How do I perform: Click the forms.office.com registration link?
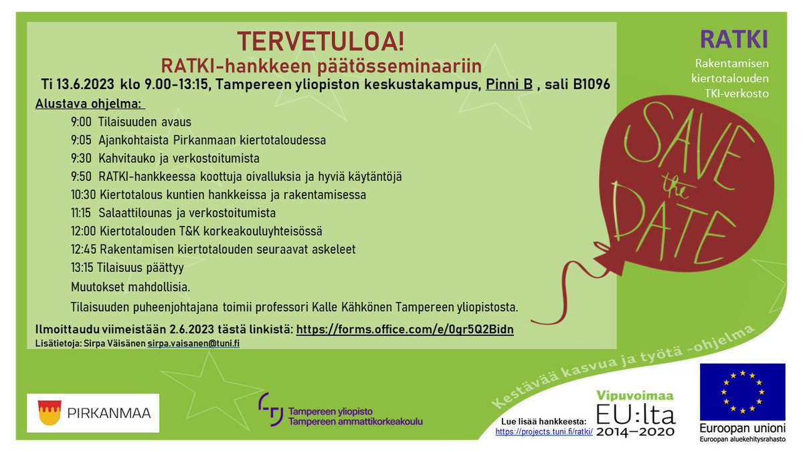pyautogui.click(x=405, y=330)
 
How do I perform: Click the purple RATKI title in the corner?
pyautogui.click(x=734, y=40)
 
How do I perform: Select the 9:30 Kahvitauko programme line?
pyautogui.click(x=165, y=159)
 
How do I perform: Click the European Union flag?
pyautogui.click(x=742, y=391)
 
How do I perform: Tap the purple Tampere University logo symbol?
pyautogui.click(x=270, y=410)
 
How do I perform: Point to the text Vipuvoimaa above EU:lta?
pyautogui.click(x=635, y=396)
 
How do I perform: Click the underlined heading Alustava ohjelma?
pyautogui.click(x=90, y=105)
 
